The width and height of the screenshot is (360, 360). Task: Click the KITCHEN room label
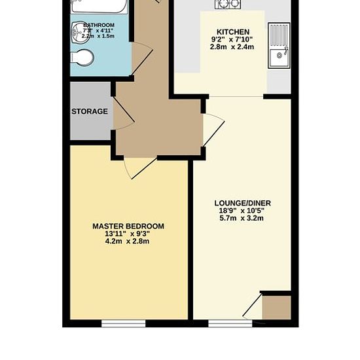click(x=232, y=32)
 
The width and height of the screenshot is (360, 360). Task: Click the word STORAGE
click(x=90, y=112)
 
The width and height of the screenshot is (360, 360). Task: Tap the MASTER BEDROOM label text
click(x=128, y=226)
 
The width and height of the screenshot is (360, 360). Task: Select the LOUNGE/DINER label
click(x=242, y=204)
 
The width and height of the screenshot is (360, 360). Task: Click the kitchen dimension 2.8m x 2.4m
click(x=232, y=48)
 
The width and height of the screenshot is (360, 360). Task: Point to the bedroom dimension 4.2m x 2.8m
click(x=128, y=242)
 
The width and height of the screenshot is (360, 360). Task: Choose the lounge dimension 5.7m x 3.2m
click(x=242, y=219)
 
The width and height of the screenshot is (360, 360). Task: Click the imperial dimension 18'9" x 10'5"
click(x=242, y=211)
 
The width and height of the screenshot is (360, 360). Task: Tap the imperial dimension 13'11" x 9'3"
click(x=128, y=234)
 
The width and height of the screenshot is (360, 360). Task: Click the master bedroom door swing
click(x=139, y=167)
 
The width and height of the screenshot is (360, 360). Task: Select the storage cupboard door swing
click(x=122, y=115)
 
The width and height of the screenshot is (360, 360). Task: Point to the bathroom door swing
click(x=141, y=59)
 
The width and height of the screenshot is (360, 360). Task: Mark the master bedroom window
click(x=124, y=323)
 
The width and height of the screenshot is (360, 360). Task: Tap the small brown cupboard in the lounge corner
click(x=276, y=307)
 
